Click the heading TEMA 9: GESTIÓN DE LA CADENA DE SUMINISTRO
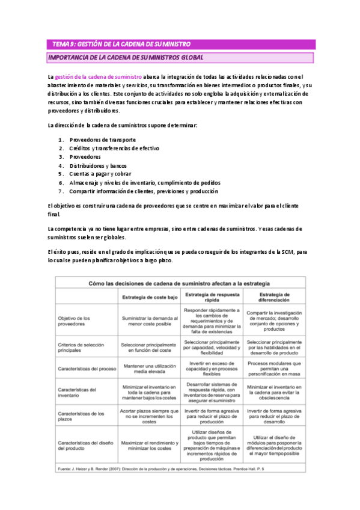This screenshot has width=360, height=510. point(122,44)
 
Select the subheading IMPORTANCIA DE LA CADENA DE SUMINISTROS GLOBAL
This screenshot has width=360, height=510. point(126,57)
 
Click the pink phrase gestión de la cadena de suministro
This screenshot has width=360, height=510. point(98,77)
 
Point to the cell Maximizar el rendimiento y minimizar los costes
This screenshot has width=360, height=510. point(150,446)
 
